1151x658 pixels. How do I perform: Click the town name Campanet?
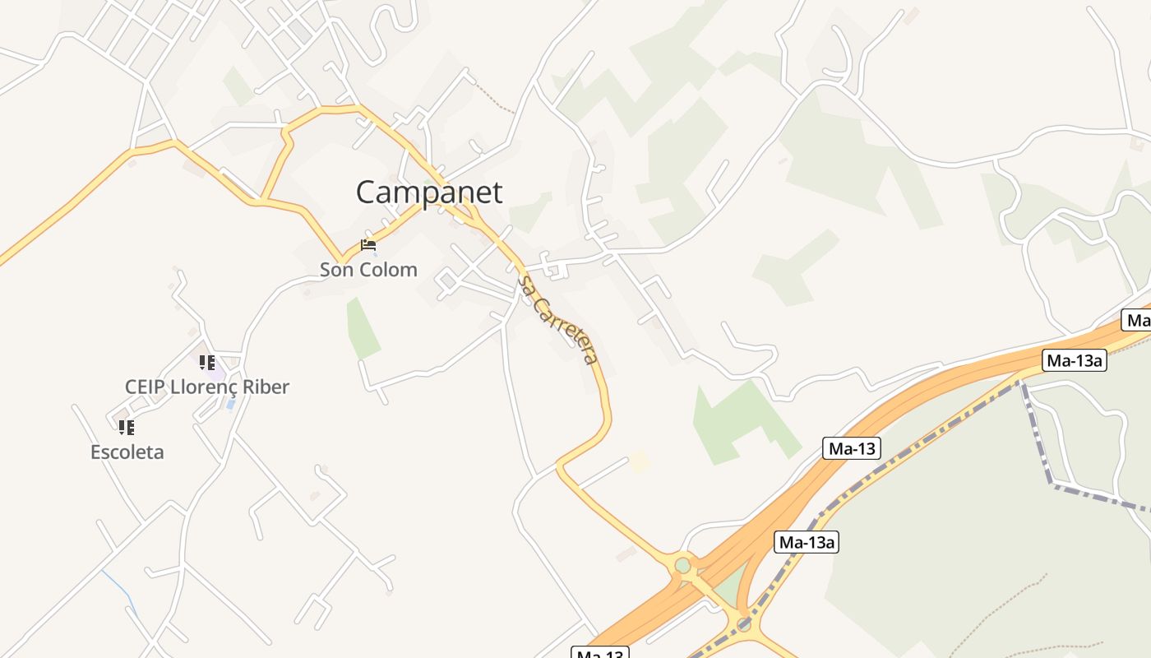428,192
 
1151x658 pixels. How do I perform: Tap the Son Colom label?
368,269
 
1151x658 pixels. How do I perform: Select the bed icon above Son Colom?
368,244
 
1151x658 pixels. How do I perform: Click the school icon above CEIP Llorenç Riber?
207,362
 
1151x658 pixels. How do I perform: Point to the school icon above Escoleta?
126,427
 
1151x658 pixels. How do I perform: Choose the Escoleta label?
127,452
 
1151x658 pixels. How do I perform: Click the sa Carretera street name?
557,319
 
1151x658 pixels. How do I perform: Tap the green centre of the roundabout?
682,566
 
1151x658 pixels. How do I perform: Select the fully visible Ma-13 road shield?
851,448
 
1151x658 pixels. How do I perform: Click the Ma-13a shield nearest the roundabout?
806,542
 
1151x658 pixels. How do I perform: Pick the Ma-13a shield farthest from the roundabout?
1075,359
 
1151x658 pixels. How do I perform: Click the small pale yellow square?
639,461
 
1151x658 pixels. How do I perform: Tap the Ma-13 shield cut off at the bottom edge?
599,653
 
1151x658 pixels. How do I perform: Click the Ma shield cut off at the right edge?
1137,320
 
